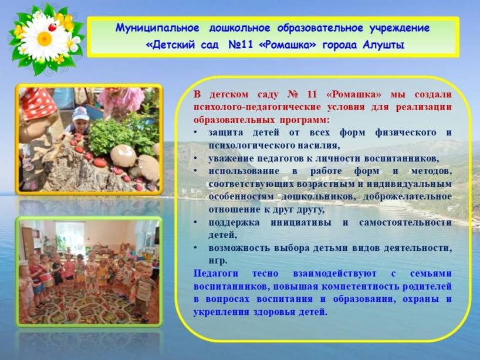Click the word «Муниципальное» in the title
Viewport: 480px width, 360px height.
(x=157, y=29)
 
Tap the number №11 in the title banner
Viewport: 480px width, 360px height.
(x=241, y=45)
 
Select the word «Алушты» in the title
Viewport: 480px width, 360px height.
(x=384, y=45)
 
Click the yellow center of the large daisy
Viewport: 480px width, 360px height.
(x=45, y=39)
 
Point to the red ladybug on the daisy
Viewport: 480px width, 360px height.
(x=53, y=27)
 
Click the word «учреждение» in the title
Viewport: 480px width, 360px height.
(x=399, y=29)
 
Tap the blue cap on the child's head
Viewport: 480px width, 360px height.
(x=81, y=114)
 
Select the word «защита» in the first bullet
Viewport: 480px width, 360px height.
(x=226, y=133)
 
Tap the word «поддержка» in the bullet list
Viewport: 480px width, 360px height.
(x=234, y=223)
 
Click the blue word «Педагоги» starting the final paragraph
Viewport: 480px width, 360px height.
(x=215, y=273)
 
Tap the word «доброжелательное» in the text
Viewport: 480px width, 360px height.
(x=407, y=196)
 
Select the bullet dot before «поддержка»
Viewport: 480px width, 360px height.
(x=195, y=222)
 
